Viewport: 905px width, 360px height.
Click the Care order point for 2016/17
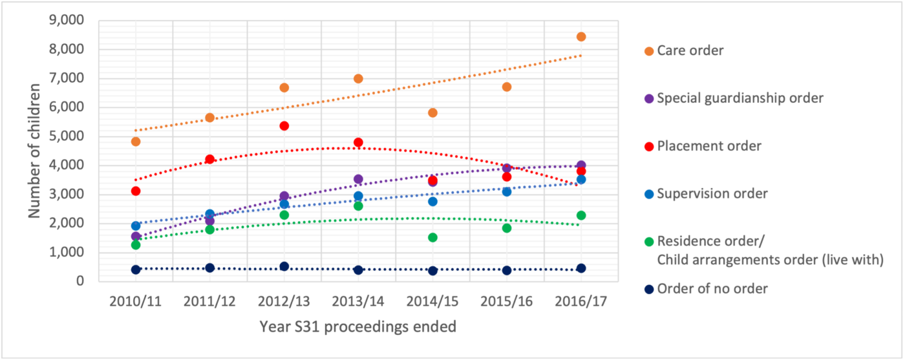[x=581, y=37]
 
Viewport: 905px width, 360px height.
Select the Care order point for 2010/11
[x=136, y=142]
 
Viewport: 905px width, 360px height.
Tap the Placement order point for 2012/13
[x=284, y=125]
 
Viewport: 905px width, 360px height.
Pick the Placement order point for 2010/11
[x=136, y=191]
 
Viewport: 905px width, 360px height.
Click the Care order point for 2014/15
[x=432, y=112]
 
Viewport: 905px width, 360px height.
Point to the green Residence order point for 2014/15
[x=432, y=237]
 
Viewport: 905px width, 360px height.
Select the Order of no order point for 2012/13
[x=284, y=266]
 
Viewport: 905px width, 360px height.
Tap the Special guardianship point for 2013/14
[x=358, y=179]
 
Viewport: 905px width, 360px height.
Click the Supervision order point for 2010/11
[x=136, y=226]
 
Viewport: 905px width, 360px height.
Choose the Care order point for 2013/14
[x=358, y=78]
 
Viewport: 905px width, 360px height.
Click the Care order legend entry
[x=689, y=50]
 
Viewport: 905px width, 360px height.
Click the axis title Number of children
[x=36, y=151]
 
